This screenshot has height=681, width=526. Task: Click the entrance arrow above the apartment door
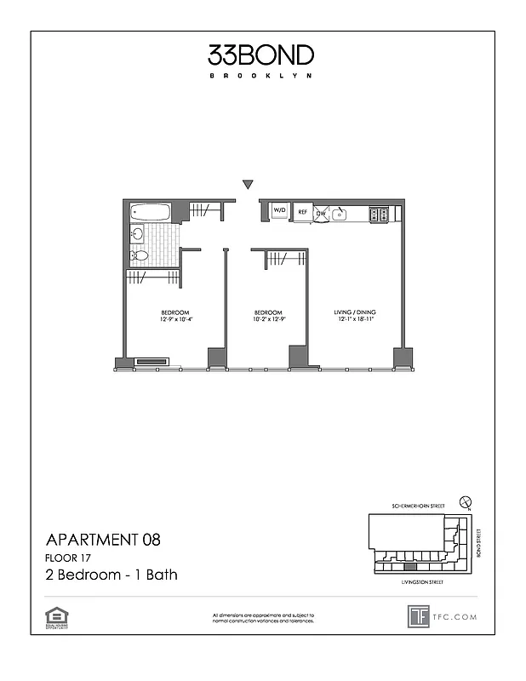pyautogui.click(x=248, y=184)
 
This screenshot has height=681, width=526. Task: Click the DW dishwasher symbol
pyautogui.click(x=321, y=213)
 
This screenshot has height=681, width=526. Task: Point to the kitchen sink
pyautogui.click(x=340, y=214)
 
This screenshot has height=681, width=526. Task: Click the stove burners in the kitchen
pyautogui.click(x=380, y=215)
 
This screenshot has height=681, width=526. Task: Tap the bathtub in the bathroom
pyautogui.click(x=150, y=213)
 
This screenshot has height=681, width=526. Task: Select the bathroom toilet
pyautogui.click(x=138, y=255)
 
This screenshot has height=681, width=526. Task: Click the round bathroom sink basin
pyautogui.click(x=137, y=234)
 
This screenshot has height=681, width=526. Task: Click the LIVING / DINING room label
pyautogui.click(x=355, y=312)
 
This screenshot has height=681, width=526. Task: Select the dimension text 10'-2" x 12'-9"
pyautogui.click(x=268, y=320)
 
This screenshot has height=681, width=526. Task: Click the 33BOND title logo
pyautogui.click(x=260, y=55)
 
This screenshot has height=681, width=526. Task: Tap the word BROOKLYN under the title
pyautogui.click(x=260, y=76)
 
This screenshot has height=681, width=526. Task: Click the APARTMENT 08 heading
pyautogui.click(x=102, y=539)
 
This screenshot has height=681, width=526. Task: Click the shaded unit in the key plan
pyautogui.click(x=410, y=566)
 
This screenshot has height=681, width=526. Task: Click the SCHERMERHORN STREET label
pyautogui.click(x=413, y=506)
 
